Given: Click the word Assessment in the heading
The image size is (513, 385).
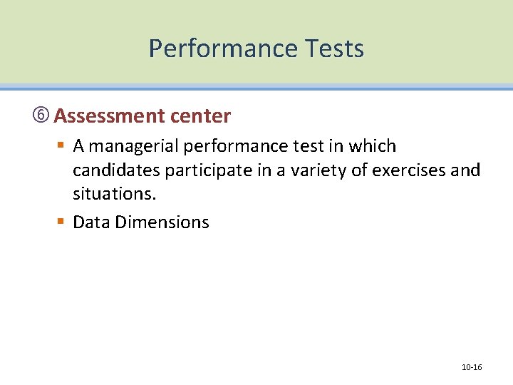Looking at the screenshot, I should (x=109, y=115).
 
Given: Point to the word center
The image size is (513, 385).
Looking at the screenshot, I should (x=199, y=115).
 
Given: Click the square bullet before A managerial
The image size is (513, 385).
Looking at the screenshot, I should (x=61, y=146).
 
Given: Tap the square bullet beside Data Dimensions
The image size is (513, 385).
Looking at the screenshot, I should (x=61, y=222).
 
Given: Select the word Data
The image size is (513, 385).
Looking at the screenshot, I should (x=91, y=222).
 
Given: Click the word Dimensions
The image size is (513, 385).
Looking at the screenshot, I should (x=162, y=222).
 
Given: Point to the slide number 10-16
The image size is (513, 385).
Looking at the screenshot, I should (x=472, y=367).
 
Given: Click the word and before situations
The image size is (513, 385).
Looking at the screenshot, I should (x=467, y=171).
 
